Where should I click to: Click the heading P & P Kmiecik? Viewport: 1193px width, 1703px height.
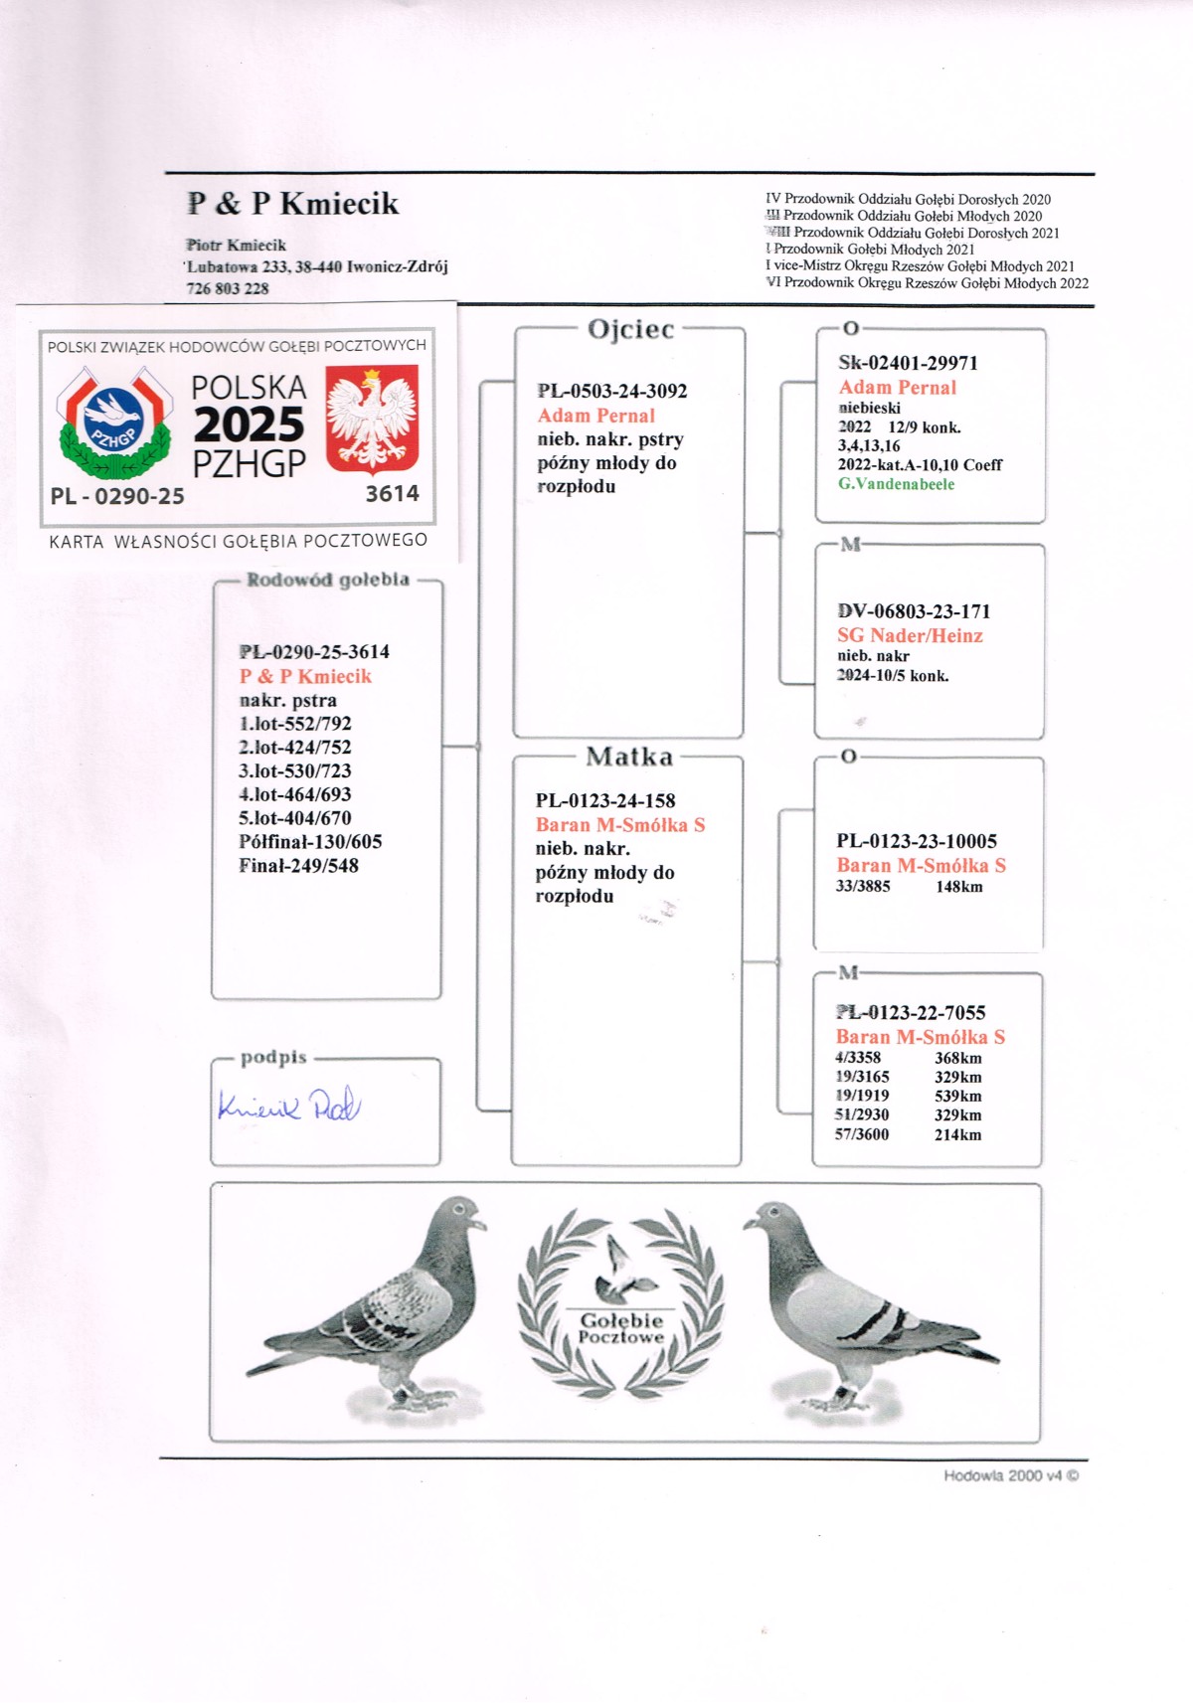point(293,204)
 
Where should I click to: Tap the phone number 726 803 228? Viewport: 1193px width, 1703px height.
point(228,288)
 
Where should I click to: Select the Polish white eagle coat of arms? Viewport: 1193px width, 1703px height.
point(372,418)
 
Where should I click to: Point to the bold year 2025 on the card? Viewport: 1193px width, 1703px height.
point(249,425)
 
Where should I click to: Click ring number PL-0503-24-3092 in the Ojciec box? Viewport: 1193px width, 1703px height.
point(612,391)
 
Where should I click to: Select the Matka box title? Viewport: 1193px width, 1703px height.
point(629,757)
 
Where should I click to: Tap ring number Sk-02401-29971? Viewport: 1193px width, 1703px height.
point(908,363)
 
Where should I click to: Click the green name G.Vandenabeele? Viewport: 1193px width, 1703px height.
point(896,484)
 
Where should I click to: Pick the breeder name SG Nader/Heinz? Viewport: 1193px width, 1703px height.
point(910,635)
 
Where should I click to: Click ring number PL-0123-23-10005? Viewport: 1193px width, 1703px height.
point(917,841)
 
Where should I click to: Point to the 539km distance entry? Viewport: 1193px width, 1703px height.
point(957,1096)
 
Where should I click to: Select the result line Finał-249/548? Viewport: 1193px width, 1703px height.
point(298,866)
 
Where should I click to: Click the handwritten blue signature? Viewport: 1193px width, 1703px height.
point(288,1106)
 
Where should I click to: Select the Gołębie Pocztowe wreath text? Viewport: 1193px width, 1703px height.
point(621,1328)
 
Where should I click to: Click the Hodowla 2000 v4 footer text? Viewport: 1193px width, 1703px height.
point(1010,1475)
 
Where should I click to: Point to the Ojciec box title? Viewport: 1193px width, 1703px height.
point(630,329)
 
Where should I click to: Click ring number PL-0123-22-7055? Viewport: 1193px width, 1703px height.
point(911,1013)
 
